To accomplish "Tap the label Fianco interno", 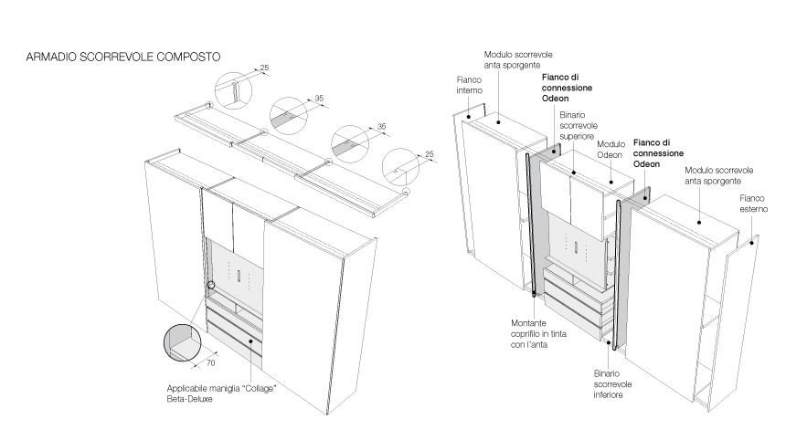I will pos(470,86).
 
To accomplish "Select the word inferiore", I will pos(612,396).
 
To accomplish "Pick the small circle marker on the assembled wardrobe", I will pos(211,285).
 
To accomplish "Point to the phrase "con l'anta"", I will pos(529,344).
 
